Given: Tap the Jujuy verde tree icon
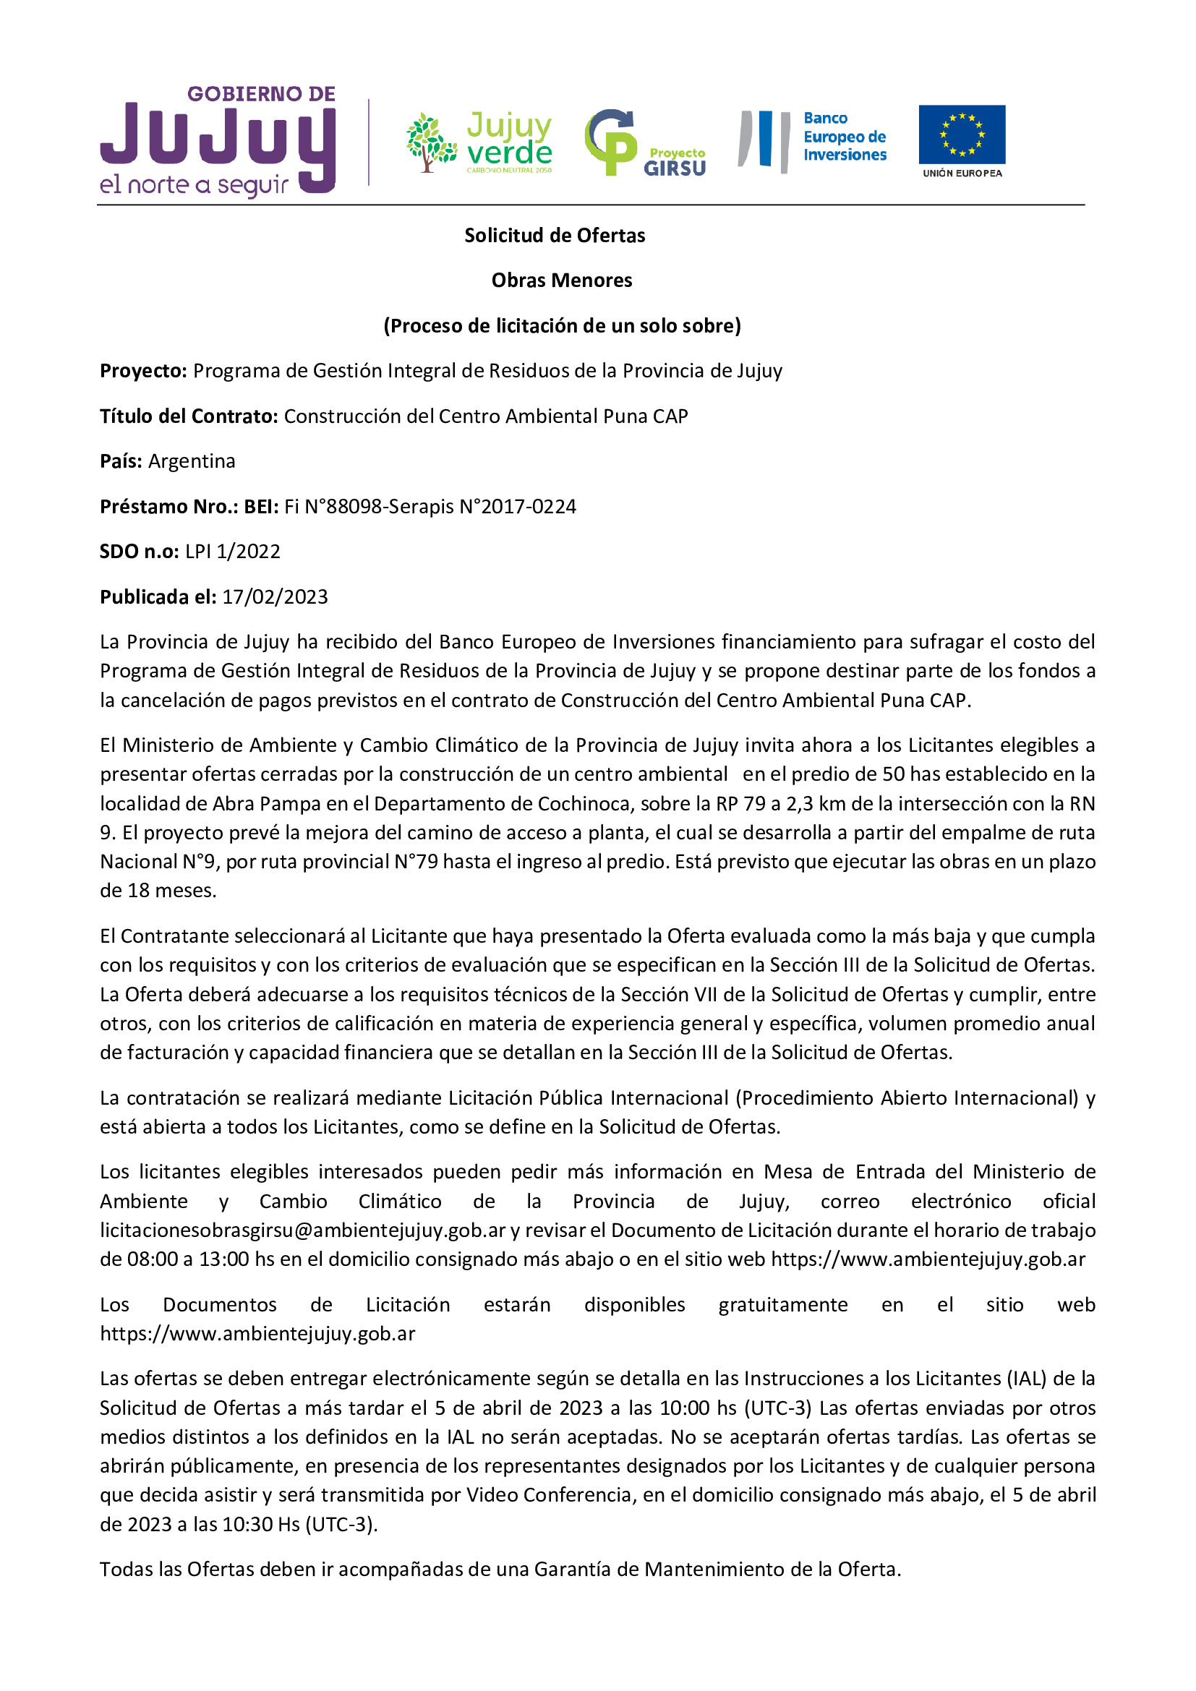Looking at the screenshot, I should pyautogui.click(x=432, y=143).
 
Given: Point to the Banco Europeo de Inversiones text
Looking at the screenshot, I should pyautogui.click(x=844, y=137).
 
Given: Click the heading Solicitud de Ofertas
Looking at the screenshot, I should pyautogui.click(x=555, y=236).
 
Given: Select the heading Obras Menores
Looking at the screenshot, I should pyautogui.click(x=562, y=281).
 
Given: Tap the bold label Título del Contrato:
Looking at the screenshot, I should pyautogui.click(x=189, y=417).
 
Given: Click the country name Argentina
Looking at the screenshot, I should pyautogui.click(x=192, y=462).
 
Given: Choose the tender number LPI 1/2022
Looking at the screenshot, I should pyautogui.click(x=233, y=552).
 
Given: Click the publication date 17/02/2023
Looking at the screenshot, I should pyautogui.click(x=275, y=597).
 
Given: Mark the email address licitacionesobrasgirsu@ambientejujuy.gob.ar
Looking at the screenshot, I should pyautogui.click(x=303, y=1230).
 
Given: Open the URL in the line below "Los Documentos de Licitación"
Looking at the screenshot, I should pyautogui.click(x=257, y=1335).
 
